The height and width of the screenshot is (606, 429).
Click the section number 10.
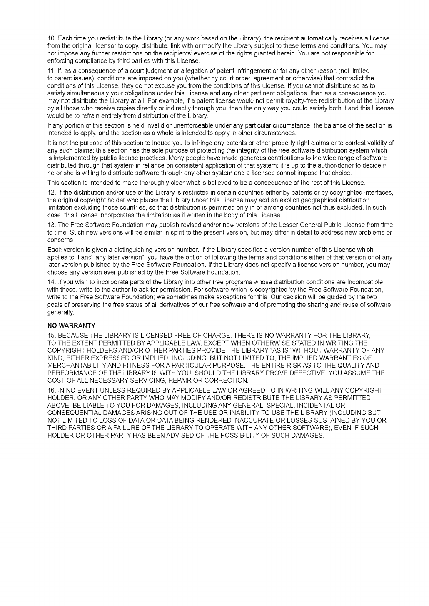coord(51,38)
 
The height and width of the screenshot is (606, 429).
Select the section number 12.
coord(51,193)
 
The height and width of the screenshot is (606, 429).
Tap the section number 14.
coord(51,282)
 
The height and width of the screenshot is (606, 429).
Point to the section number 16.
coord(51,390)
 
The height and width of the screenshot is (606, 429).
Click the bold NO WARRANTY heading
coord(72,326)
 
